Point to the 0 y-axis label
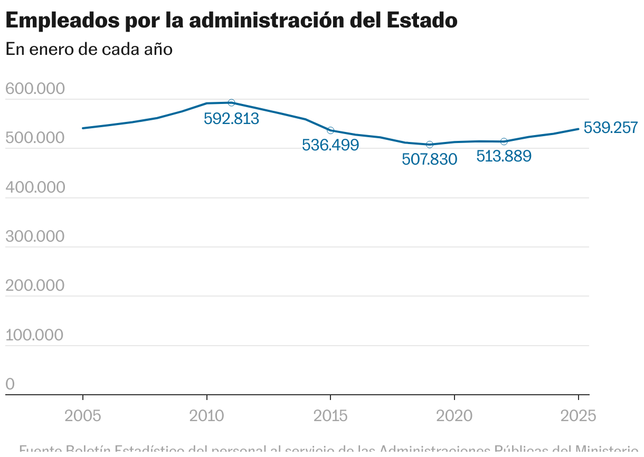tap(10, 385)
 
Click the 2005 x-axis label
tap(83, 416)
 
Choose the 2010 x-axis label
tap(207, 416)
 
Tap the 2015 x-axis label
tap(330, 416)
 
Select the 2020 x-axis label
tap(454, 416)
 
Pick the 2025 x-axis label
tap(578, 416)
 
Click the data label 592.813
tap(231, 119)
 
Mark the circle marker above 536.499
tap(330, 130)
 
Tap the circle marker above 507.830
tap(430, 145)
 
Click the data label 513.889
tap(504, 156)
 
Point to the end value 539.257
tap(611, 128)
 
